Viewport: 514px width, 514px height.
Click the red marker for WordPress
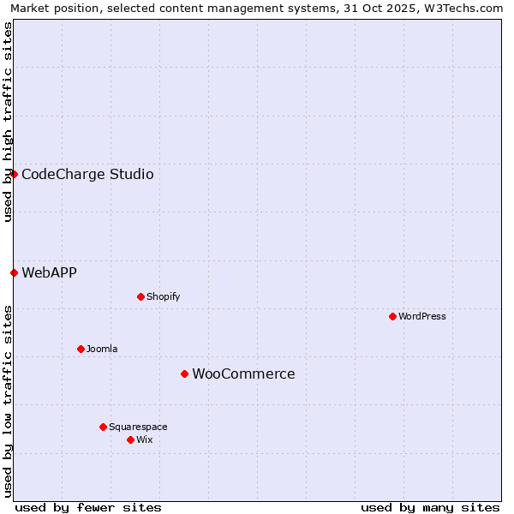tap(392, 316)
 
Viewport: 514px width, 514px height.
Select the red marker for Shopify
tap(140, 296)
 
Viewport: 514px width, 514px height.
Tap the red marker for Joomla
tap(81, 349)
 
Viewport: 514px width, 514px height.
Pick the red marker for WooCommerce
tap(184, 374)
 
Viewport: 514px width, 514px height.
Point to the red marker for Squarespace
tap(103, 427)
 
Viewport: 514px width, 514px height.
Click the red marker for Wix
tap(130, 439)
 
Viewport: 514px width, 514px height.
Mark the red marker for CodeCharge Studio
tap(14, 174)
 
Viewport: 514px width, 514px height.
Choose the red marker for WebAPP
tap(14, 272)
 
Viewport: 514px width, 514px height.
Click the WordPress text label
tap(422, 316)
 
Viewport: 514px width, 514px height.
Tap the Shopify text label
tap(163, 296)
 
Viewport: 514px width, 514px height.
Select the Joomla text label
tap(102, 349)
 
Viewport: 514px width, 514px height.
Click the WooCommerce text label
tap(243, 374)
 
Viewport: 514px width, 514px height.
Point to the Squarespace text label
tap(138, 427)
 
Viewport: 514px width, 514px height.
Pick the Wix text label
tap(144, 439)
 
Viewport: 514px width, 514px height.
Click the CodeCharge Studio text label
tap(87, 174)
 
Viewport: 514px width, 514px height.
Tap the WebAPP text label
tap(49, 272)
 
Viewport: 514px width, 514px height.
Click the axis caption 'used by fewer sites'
tap(88, 507)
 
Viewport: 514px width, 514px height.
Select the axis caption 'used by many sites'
tap(430, 507)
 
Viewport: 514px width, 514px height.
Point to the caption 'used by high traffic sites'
tap(8, 122)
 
